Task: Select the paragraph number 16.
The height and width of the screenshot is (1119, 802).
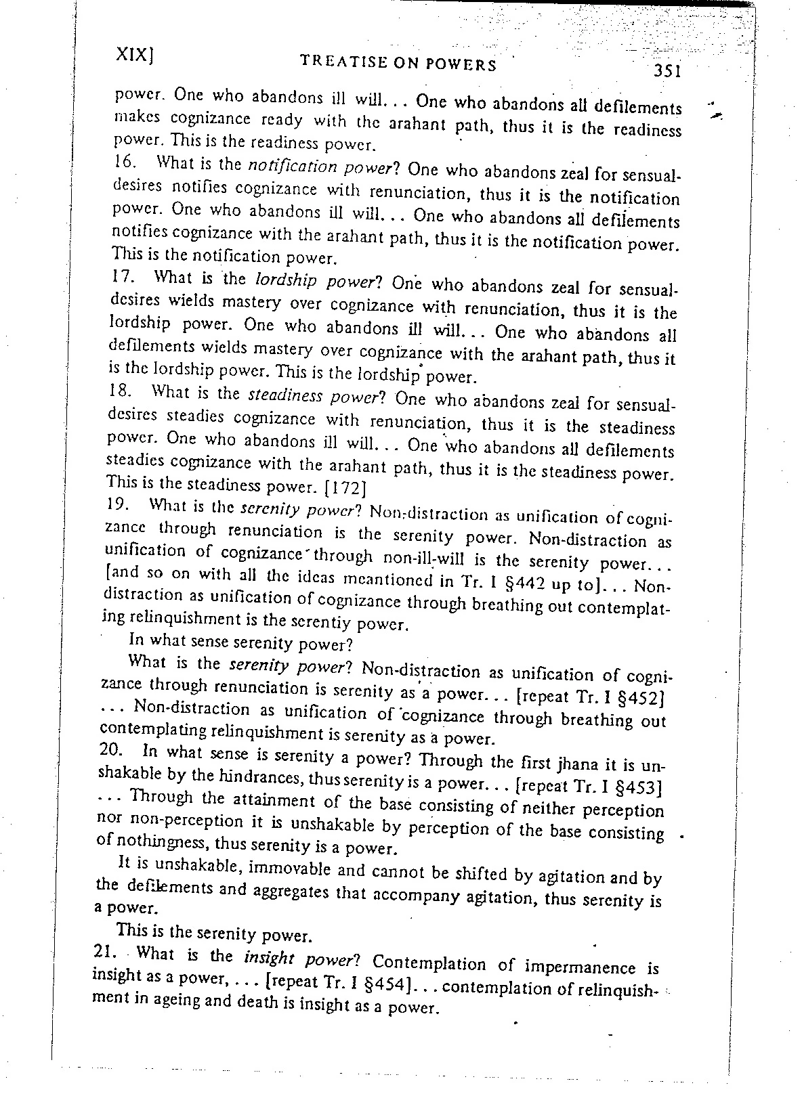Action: (x=121, y=162)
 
